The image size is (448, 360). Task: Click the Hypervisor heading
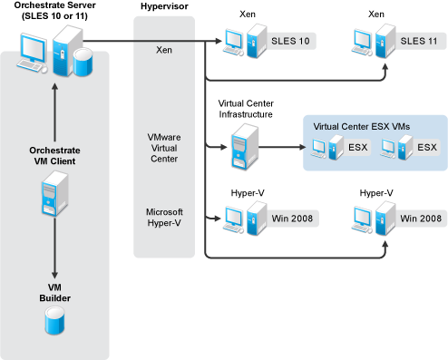coord(165,7)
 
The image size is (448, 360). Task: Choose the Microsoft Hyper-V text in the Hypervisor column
coord(164,219)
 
